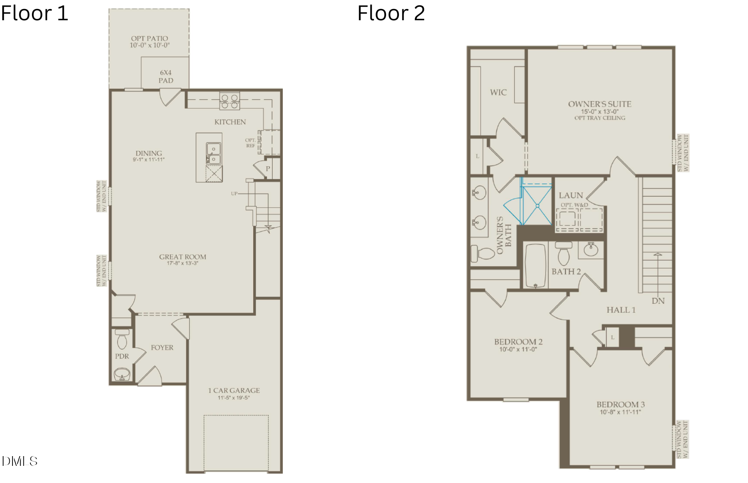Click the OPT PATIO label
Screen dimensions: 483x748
[149, 39]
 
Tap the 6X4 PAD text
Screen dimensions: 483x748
[166, 76]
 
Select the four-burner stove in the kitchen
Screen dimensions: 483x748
[229, 101]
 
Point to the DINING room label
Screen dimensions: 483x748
[148, 153]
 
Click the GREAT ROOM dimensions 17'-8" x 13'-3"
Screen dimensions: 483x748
[182, 263]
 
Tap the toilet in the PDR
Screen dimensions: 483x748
[122, 340]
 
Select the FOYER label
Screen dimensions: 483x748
[162, 347]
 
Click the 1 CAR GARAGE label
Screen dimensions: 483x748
[234, 390]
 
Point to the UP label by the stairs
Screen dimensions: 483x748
[234, 194]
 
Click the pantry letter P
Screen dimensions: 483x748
[268, 169]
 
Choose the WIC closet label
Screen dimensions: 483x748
[498, 92]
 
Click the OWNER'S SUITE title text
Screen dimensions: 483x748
[600, 104]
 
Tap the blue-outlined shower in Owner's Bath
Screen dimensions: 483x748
[537, 206]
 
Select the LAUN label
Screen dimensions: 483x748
[571, 196]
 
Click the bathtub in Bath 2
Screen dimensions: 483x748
[535, 266]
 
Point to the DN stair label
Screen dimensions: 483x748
[658, 301]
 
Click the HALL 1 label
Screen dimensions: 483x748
[621, 310]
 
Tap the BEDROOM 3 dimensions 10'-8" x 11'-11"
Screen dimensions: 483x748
[620, 412]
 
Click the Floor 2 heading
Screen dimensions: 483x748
[391, 13]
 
